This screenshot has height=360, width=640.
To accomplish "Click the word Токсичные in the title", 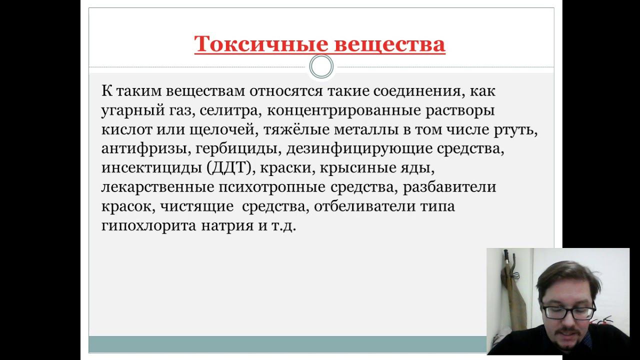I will (x=260, y=44).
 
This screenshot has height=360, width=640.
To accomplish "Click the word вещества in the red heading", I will (x=389, y=44).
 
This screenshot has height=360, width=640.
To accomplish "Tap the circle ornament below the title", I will (x=321, y=66).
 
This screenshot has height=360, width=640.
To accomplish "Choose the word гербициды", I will (x=229, y=148).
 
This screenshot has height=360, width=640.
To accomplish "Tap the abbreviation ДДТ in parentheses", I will (x=231, y=167).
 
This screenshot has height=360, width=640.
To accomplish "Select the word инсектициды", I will (x=151, y=167).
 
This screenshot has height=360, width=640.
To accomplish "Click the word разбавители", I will (x=449, y=187).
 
